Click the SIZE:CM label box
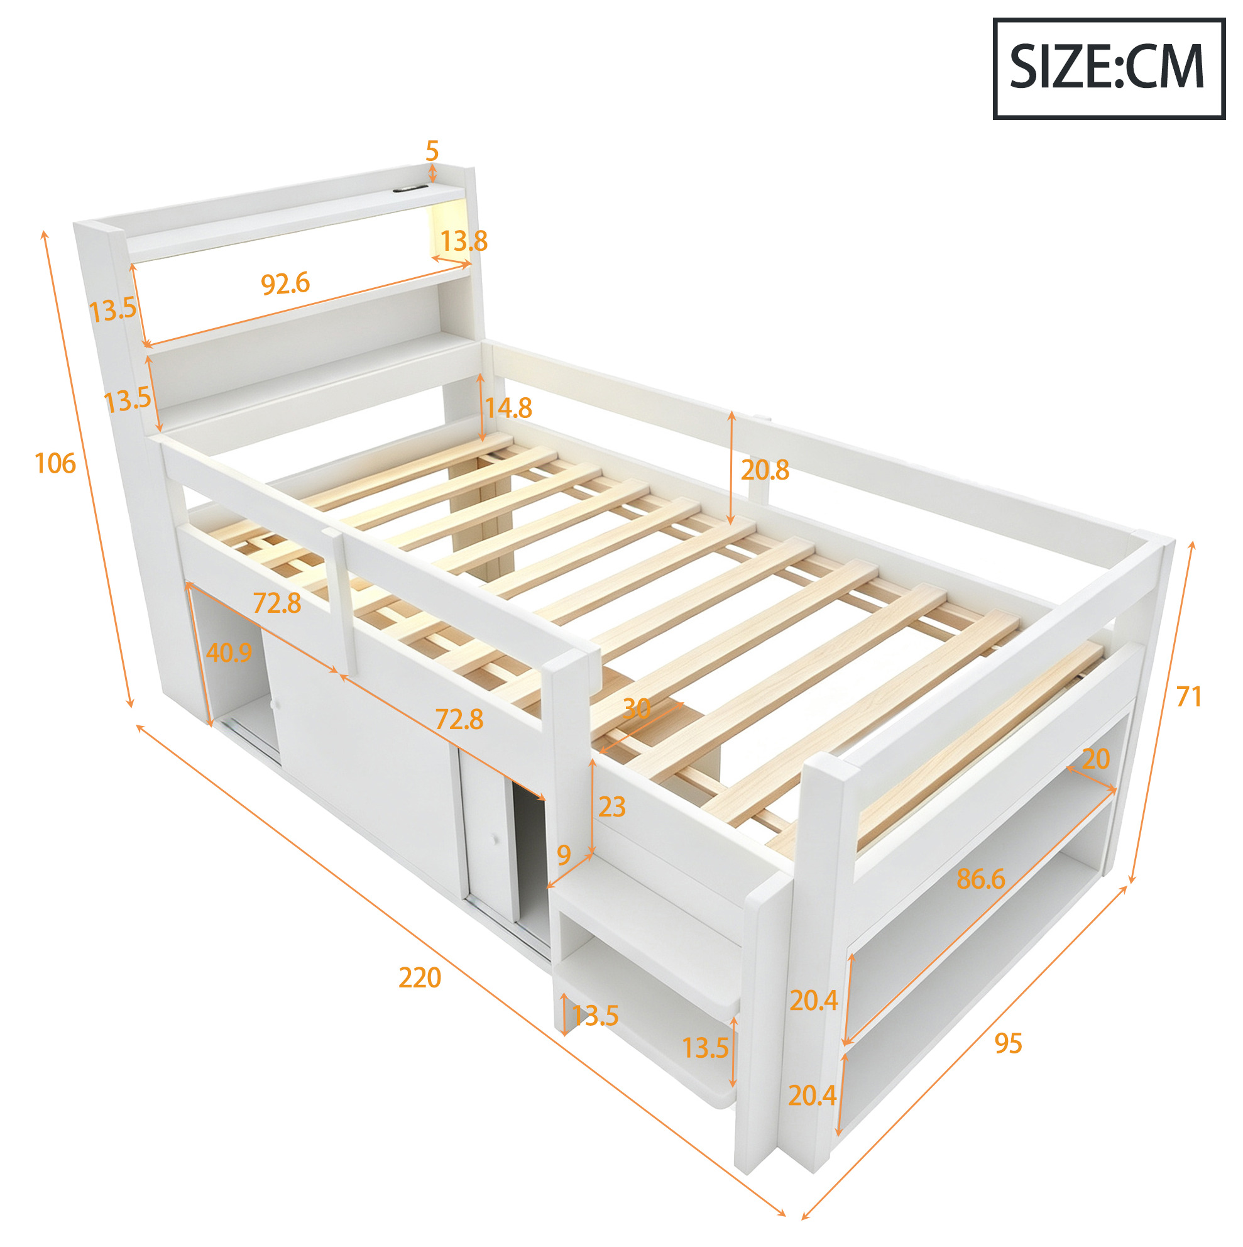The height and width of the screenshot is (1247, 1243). (1108, 69)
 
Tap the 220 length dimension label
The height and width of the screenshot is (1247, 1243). (420, 978)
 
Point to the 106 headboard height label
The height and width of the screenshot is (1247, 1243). (55, 463)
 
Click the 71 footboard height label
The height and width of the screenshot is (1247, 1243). (1189, 696)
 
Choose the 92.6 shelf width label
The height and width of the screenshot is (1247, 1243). (285, 284)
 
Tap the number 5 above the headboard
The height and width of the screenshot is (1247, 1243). (432, 151)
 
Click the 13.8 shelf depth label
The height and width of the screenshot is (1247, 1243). (463, 241)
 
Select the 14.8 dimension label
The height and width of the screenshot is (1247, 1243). (508, 408)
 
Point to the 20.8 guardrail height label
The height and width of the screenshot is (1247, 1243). (765, 471)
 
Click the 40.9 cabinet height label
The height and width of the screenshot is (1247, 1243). (229, 652)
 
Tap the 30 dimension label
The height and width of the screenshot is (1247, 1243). (637, 710)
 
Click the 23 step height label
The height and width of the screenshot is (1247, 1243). (612, 807)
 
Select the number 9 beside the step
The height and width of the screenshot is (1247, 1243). (564, 855)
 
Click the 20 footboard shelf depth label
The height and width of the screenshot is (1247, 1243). (1096, 759)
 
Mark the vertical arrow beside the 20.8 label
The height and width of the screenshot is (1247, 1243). (731, 468)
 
